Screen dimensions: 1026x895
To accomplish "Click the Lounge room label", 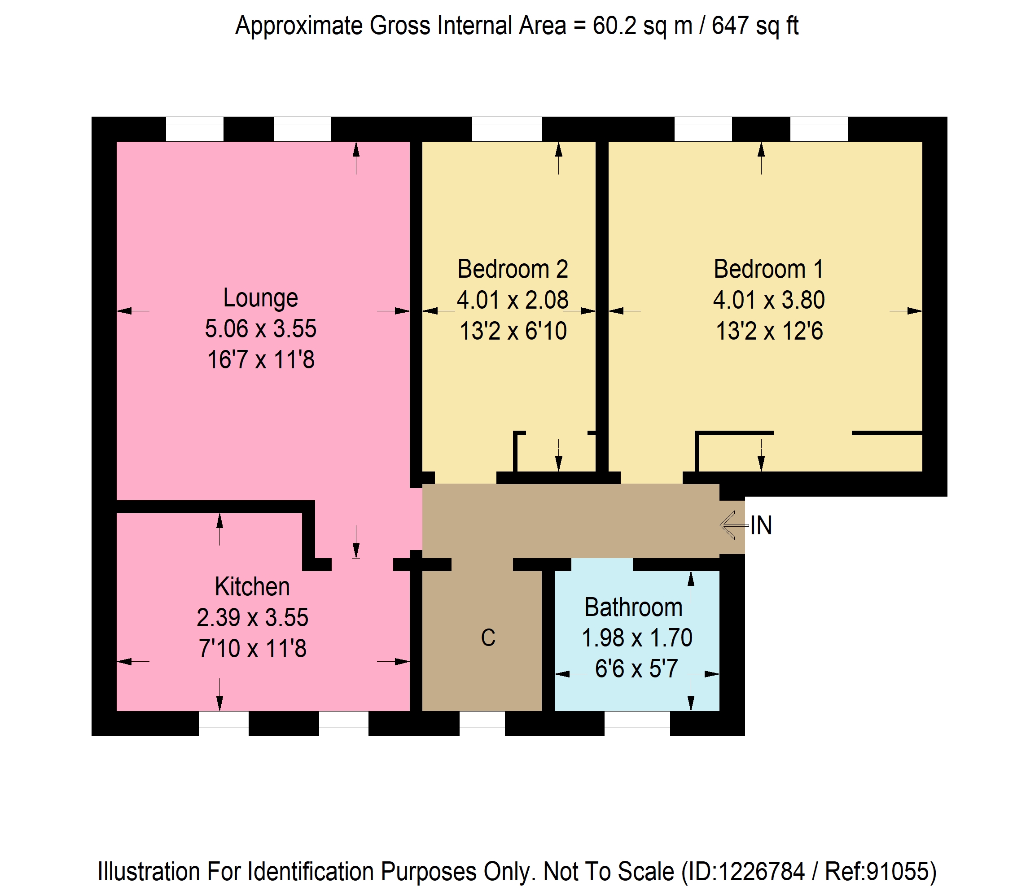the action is click(x=260, y=298).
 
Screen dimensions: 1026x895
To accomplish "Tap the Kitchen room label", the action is click(x=252, y=587).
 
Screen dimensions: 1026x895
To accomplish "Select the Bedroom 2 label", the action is click(x=513, y=269).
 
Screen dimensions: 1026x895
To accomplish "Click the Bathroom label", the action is click(x=634, y=607).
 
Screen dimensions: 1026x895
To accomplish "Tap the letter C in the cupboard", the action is click(x=488, y=638).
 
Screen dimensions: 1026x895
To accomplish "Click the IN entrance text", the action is click(x=761, y=525).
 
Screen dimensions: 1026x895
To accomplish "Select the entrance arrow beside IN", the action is click(x=734, y=525).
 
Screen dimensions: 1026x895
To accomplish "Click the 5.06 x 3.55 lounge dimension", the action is click(x=260, y=329).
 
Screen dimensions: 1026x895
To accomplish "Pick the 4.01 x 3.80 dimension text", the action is click(x=769, y=300).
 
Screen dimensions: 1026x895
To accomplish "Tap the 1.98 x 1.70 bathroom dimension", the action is click(x=637, y=638).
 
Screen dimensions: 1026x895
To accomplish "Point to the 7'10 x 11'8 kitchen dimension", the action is click(x=252, y=649).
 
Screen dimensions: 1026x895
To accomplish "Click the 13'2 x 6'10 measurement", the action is click(x=513, y=331).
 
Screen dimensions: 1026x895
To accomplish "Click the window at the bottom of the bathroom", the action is click(x=637, y=724).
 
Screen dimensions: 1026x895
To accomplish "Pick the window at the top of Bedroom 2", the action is click(x=507, y=129).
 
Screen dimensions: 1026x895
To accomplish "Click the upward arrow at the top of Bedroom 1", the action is click(x=761, y=158).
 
